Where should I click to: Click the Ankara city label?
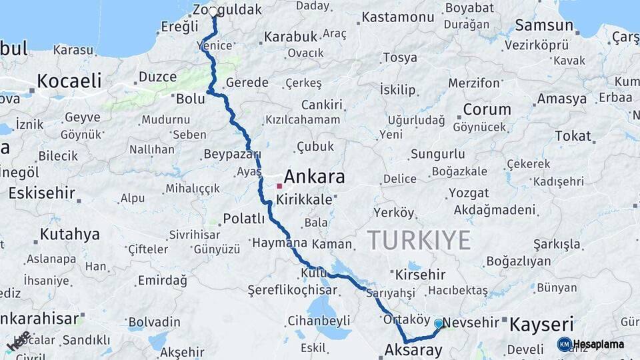[314, 177]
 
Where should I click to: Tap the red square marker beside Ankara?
[279, 185]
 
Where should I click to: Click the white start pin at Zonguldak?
[213, 12]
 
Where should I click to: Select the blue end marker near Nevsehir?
[439, 323]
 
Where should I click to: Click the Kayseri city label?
[541, 325]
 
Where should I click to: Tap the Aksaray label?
[413, 349]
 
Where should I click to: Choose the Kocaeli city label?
[69, 81]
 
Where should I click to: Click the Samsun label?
[544, 27]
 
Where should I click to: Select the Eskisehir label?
[41, 193]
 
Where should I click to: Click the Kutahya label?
[69, 235]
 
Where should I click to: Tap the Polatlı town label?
[244, 219]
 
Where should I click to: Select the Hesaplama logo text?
[598, 345]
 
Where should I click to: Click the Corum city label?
[487, 109]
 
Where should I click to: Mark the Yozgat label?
[469, 193]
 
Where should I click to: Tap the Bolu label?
[190, 99]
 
